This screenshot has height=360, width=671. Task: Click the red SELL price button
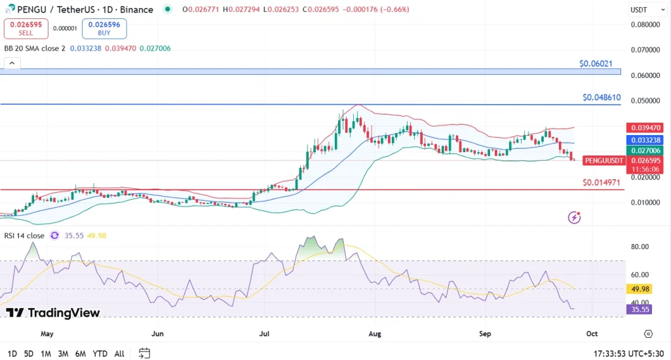26,28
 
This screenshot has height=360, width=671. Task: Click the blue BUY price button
104,28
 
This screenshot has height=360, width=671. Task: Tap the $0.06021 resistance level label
596,64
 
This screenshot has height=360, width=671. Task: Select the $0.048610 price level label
602,97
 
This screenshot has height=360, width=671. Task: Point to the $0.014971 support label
602,182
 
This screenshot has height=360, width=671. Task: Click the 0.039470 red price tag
644,127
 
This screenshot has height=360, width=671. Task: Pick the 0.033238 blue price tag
644,140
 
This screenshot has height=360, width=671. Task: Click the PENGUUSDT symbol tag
603,160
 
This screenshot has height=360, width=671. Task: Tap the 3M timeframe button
63,353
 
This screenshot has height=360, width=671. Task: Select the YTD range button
100,353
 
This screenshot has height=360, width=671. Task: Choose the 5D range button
29,353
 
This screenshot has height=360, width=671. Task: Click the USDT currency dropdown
641,10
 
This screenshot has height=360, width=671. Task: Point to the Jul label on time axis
265,334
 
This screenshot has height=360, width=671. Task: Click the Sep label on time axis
485,334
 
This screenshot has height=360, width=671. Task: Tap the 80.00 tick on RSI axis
640,247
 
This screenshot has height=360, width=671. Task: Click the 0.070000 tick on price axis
643,50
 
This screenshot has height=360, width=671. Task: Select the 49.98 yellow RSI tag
639,289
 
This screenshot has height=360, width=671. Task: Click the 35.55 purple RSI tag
639,310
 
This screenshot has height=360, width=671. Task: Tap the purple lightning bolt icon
575,217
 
